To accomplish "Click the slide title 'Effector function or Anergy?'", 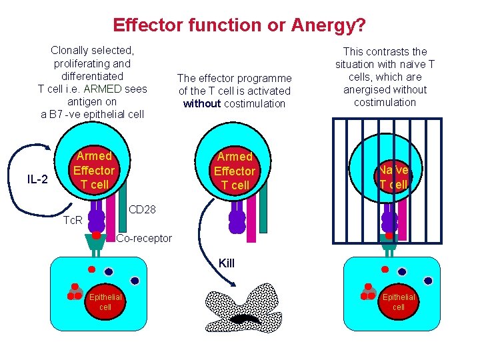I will pyautogui.click(x=239, y=25).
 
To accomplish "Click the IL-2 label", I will pyautogui.click(x=37, y=179).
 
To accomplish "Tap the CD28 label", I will pyautogui.click(x=142, y=210).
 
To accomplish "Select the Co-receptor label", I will pyautogui.click(x=144, y=239).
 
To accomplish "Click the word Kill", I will pyautogui.click(x=227, y=263).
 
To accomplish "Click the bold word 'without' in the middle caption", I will pyautogui.click(x=203, y=103).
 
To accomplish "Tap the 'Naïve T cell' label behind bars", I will pyautogui.click(x=393, y=177).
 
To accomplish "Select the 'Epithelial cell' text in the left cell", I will pyautogui.click(x=105, y=302).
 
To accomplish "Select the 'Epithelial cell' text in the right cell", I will pyautogui.click(x=398, y=302).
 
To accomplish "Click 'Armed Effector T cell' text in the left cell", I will pyautogui.click(x=94, y=170).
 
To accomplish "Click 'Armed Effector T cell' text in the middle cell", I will pyautogui.click(x=235, y=171).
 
